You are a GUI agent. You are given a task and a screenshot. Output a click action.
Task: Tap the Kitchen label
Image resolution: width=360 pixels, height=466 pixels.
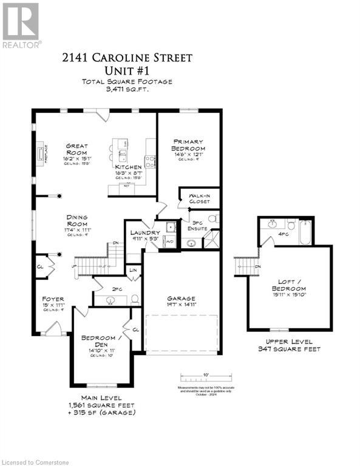point(129,167)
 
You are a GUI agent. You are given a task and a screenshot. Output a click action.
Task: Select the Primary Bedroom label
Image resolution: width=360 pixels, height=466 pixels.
point(187,145)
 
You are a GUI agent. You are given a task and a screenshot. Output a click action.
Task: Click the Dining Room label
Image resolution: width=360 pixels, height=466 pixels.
point(78,220)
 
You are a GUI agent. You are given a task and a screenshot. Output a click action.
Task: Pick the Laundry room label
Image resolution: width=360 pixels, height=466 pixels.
point(145,233)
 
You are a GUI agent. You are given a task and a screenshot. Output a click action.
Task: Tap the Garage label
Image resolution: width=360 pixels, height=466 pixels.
point(182,299)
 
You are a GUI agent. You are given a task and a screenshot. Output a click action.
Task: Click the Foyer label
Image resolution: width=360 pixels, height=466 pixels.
point(53,299)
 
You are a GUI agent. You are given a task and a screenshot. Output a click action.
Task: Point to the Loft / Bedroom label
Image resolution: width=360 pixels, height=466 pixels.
point(290,284)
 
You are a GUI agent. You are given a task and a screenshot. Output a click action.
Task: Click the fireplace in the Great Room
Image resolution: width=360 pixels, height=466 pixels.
point(42,153)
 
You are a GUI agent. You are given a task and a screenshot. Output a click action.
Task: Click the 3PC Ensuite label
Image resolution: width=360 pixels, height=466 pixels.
point(199,225)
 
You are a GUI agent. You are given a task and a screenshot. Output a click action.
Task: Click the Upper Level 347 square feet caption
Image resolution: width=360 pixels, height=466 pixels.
point(289,346)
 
